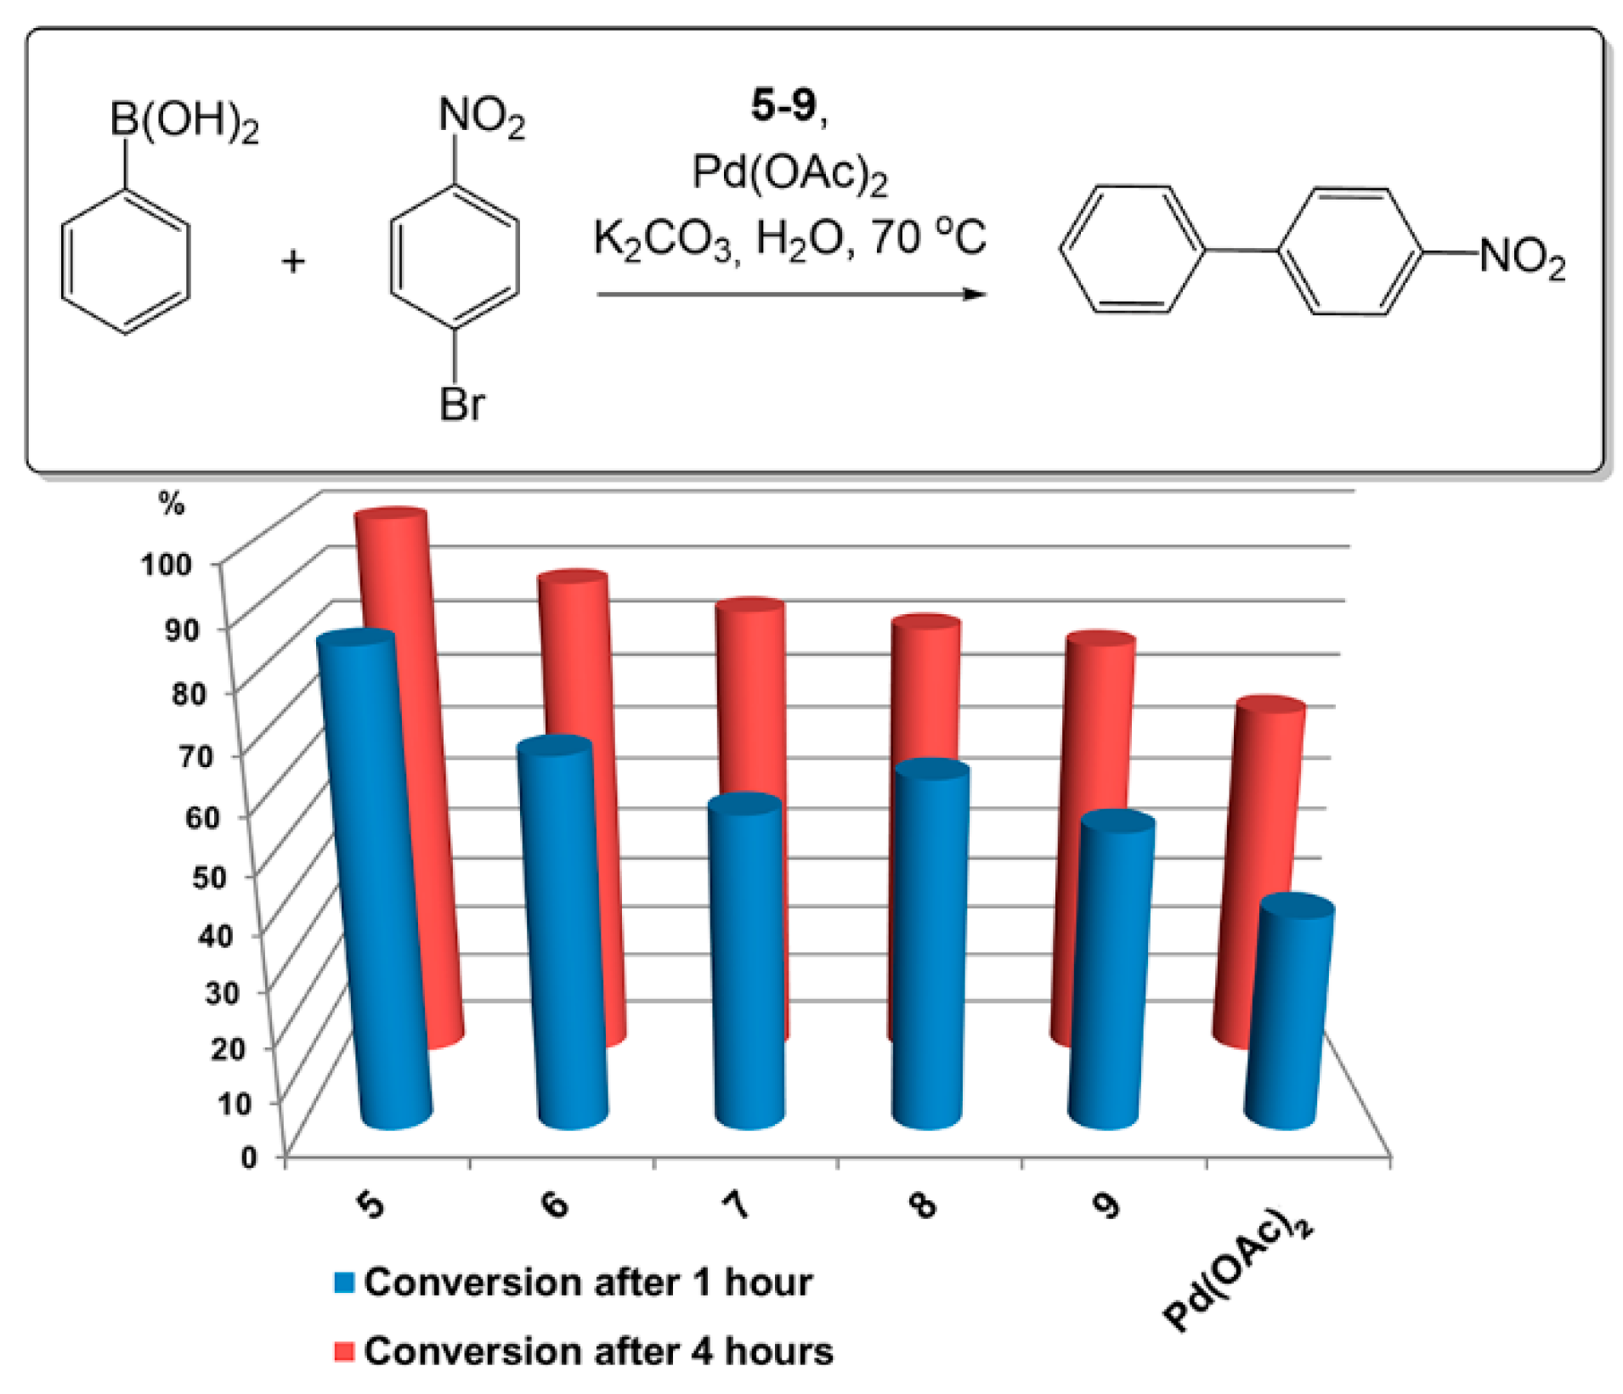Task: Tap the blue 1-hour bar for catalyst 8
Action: (930, 943)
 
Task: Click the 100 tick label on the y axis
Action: (167, 564)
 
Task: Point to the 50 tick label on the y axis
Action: (209, 877)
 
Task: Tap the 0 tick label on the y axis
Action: (248, 1157)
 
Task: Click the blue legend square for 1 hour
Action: (344, 1282)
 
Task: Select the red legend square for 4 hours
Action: (344, 1351)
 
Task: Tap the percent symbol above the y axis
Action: (171, 504)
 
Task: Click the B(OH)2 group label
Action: (184, 121)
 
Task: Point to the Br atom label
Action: (461, 404)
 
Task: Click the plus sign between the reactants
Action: (293, 261)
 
